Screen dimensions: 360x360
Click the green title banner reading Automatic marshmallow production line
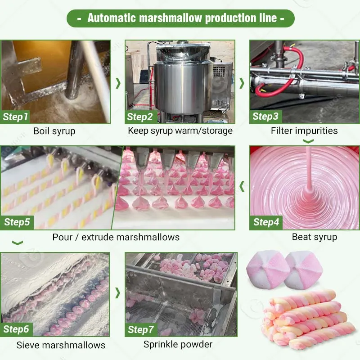click(x=180, y=18)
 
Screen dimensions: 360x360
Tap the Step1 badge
click(x=15, y=117)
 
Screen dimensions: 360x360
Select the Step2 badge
click(x=140, y=117)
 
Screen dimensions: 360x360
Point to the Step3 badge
click(x=265, y=117)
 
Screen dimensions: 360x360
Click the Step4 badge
click(x=266, y=222)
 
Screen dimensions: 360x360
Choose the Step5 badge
click(x=17, y=222)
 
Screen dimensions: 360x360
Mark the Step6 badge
click(x=16, y=329)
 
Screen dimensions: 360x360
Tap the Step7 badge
click(x=141, y=330)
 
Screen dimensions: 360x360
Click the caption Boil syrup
click(x=54, y=131)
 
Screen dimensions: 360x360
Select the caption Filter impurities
click(x=304, y=130)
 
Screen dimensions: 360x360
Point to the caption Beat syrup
click(x=315, y=237)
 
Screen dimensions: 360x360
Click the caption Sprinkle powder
click(x=178, y=344)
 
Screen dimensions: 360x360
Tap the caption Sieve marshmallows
click(x=61, y=345)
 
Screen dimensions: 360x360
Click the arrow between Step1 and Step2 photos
click(x=118, y=83)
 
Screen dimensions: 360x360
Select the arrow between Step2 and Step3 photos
click(x=242, y=83)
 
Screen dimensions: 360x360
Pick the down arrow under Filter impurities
click(x=308, y=141)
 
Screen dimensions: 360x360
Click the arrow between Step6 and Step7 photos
click(x=117, y=293)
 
